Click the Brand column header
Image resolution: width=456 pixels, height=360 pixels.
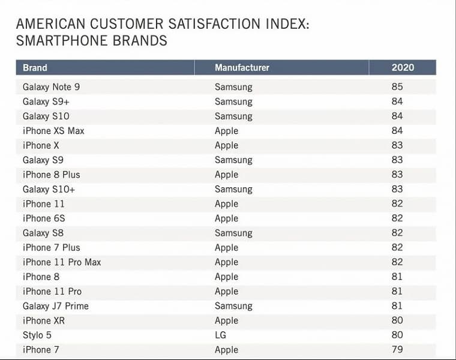click(35, 68)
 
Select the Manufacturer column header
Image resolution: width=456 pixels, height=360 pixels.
click(242, 68)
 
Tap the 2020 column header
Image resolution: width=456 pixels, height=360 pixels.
click(403, 68)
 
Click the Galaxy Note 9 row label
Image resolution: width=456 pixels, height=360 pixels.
click(51, 87)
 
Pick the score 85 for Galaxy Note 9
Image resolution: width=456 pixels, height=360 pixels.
click(397, 87)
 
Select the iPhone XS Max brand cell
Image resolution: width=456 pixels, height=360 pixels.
click(53, 131)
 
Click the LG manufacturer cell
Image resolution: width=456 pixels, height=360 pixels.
click(221, 335)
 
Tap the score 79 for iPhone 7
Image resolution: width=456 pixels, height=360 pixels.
click(397, 350)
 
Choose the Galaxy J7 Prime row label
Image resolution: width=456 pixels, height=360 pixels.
click(55, 306)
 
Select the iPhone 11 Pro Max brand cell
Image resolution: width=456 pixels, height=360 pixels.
click(62, 262)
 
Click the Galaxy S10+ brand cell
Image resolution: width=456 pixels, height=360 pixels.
click(49, 189)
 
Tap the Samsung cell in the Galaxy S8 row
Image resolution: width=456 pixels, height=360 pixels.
click(233, 233)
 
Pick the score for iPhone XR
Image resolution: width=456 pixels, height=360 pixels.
click(397, 320)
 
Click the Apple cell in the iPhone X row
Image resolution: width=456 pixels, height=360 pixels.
click(226, 145)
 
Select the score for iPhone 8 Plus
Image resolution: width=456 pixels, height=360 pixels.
click(397, 175)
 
